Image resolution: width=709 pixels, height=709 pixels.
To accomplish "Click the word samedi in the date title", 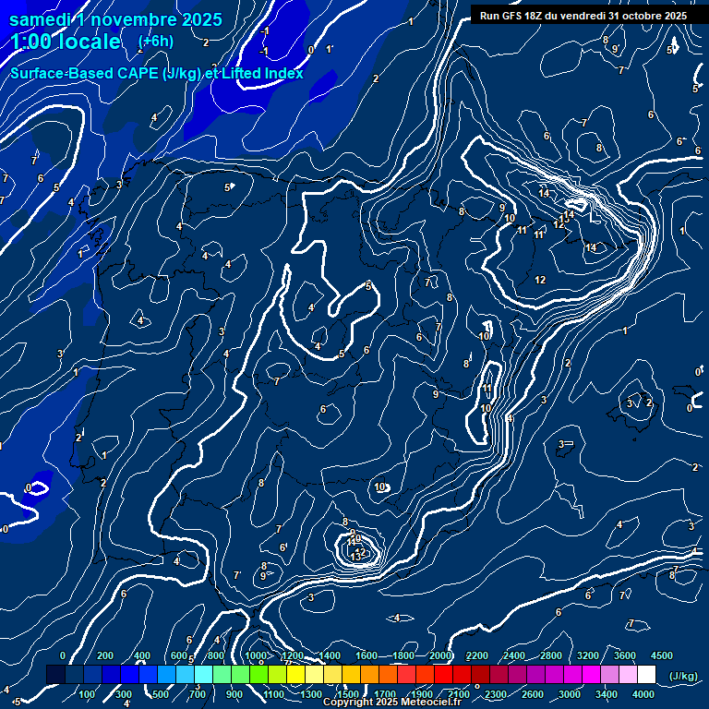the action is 40,19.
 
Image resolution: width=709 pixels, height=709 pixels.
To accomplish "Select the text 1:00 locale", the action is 66,42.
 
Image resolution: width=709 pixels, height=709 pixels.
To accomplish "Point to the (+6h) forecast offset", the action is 155,42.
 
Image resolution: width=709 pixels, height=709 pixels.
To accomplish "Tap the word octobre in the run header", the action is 644,16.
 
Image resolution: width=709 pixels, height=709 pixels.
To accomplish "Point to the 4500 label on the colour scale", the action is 661,655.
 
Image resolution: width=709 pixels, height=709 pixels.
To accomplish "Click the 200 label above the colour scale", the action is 105,655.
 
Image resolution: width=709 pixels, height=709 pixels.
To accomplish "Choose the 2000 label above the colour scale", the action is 439,655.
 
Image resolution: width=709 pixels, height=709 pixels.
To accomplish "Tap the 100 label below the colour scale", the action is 87,694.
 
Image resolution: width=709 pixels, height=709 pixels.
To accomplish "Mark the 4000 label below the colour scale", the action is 643,694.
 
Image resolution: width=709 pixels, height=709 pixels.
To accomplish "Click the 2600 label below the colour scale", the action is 533,694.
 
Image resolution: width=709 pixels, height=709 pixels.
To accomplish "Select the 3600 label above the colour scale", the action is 625,655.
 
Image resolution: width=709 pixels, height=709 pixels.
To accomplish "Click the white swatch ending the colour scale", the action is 647,675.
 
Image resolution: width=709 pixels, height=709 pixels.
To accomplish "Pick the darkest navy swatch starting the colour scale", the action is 55,675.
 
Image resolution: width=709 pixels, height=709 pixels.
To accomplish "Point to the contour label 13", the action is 355,557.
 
